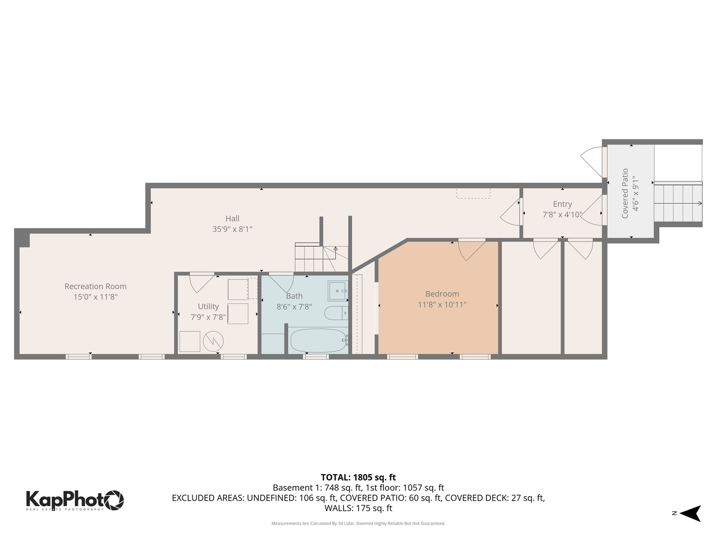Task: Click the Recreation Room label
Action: (x=95, y=286)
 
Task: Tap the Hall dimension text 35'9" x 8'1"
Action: (x=232, y=229)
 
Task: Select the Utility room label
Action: (x=208, y=306)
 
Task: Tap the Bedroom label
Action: (x=442, y=294)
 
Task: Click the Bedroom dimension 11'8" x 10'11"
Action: (x=442, y=304)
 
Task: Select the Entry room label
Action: (x=562, y=204)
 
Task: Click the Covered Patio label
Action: (x=625, y=193)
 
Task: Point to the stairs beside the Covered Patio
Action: (x=678, y=203)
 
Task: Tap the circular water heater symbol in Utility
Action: (x=213, y=341)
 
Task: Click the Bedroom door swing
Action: (x=471, y=250)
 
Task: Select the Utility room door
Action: (x=202, y=282)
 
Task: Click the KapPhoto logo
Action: (x=75, y=500)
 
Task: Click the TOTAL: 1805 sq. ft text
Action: (x=358, y=477)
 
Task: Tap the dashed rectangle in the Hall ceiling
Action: (x=474, y=193)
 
